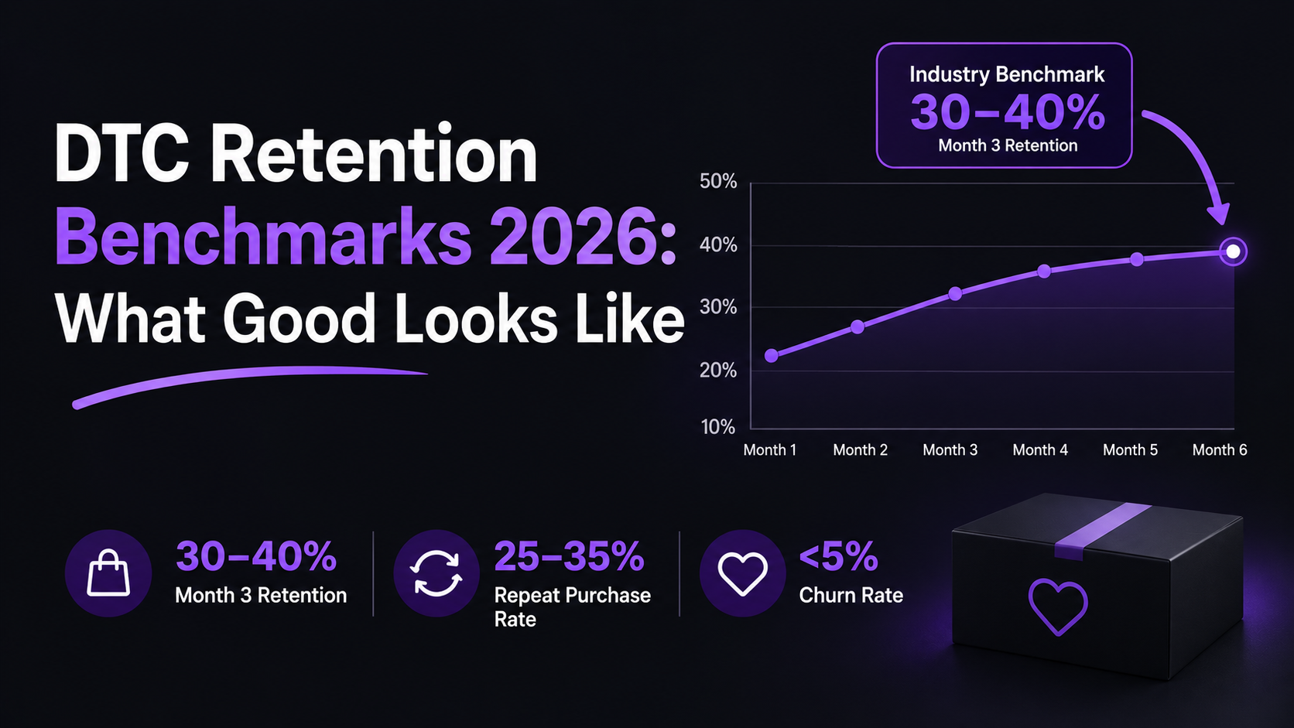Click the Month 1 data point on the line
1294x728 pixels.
pos(771,356)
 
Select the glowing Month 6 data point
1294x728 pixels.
pos(1233,251)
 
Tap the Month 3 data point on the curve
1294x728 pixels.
pos(956,294)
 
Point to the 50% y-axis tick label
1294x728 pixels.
pos(718,181)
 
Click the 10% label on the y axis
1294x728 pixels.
pos(718,427)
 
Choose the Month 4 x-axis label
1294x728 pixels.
pos(1040,449)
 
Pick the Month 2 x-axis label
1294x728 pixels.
pos(860,449)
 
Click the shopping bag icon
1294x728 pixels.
pos(108,572)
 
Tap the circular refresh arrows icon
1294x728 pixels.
pos(436,573)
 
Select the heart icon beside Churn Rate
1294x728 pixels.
pos(742,573)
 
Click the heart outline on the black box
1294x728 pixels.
pos(1058,607)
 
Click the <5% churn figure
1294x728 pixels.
pos(838,556)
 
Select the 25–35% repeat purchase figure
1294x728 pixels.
pos(569,556)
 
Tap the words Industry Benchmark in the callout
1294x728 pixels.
pos(1007,74)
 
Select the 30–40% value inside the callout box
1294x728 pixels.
pos(1008,112)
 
